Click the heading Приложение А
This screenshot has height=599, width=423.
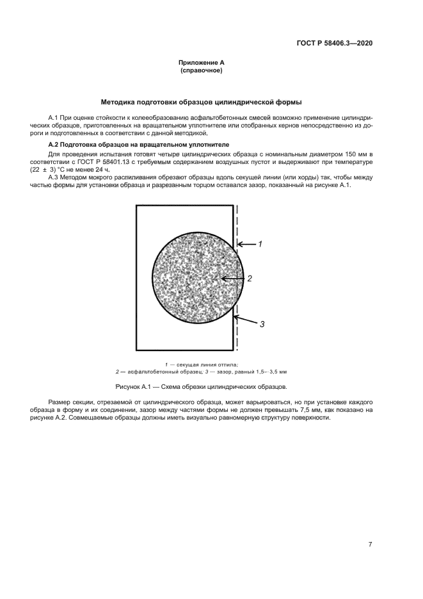tap(201, 63)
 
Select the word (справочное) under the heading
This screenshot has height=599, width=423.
tap(201, 70)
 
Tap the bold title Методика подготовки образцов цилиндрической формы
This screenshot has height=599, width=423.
tap(201, 102)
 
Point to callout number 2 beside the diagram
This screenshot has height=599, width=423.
tap(250, 279)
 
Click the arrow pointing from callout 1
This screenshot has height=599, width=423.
tap(247, 244)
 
